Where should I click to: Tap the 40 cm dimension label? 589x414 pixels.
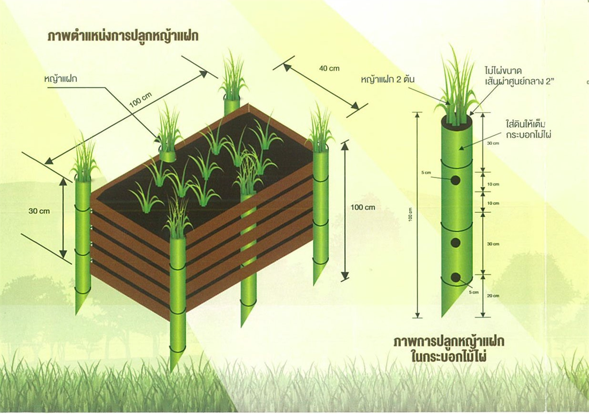click(x=329, y=68)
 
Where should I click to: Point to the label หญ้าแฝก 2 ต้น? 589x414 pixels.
click(x=388, y=80)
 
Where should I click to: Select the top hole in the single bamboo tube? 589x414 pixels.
click(x=455, y=180)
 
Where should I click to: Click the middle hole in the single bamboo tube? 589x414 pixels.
click(x=455, y=243)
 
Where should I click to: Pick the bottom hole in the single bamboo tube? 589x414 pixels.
click(x=455, y=277)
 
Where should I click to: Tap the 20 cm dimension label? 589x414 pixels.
click(x=493, y=296)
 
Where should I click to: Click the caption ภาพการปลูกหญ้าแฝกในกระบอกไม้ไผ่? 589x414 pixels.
click(x=449, y=348)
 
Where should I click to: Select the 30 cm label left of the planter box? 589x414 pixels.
click(x=39, y=211)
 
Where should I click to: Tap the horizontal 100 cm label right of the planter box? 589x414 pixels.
click(x=363, y=208)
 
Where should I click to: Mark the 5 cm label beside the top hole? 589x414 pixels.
click(x=426, y=173)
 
